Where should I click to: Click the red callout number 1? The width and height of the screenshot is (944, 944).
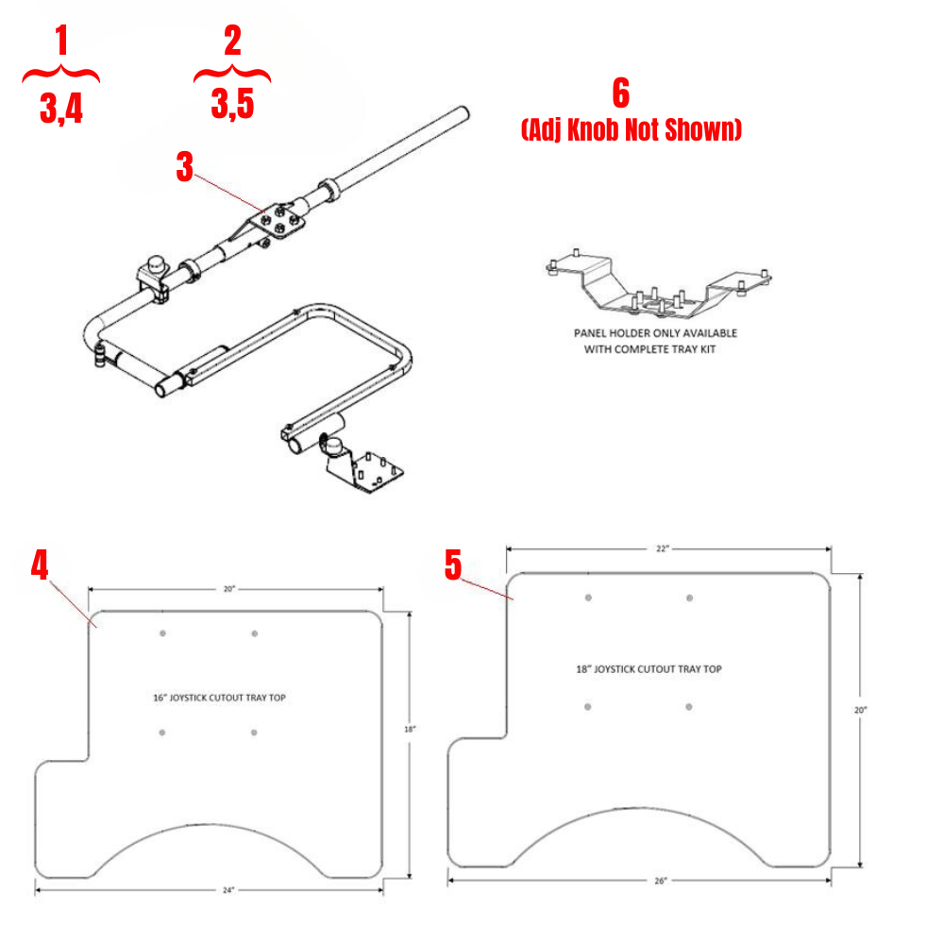coord(61,42)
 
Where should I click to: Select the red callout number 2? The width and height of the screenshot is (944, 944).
coord(232,41)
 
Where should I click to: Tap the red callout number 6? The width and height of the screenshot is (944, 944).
coord(620,93)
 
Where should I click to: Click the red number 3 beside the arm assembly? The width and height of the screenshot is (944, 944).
coord(185,167)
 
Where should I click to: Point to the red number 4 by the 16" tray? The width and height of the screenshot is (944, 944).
coord(39,565)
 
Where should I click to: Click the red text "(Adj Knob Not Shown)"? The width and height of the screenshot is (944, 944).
coord(631,130)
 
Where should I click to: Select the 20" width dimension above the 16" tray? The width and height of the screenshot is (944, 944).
coord(229,588)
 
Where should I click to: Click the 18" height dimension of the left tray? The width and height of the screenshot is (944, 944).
coord(408,730)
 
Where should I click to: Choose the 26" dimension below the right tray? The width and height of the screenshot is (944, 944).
coord(660,880)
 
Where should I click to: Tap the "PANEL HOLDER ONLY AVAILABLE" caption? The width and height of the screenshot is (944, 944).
coord(656,333)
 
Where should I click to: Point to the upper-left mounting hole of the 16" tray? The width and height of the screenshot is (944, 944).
coord(162,633)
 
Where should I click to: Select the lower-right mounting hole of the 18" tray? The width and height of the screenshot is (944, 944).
coord(690,706)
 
